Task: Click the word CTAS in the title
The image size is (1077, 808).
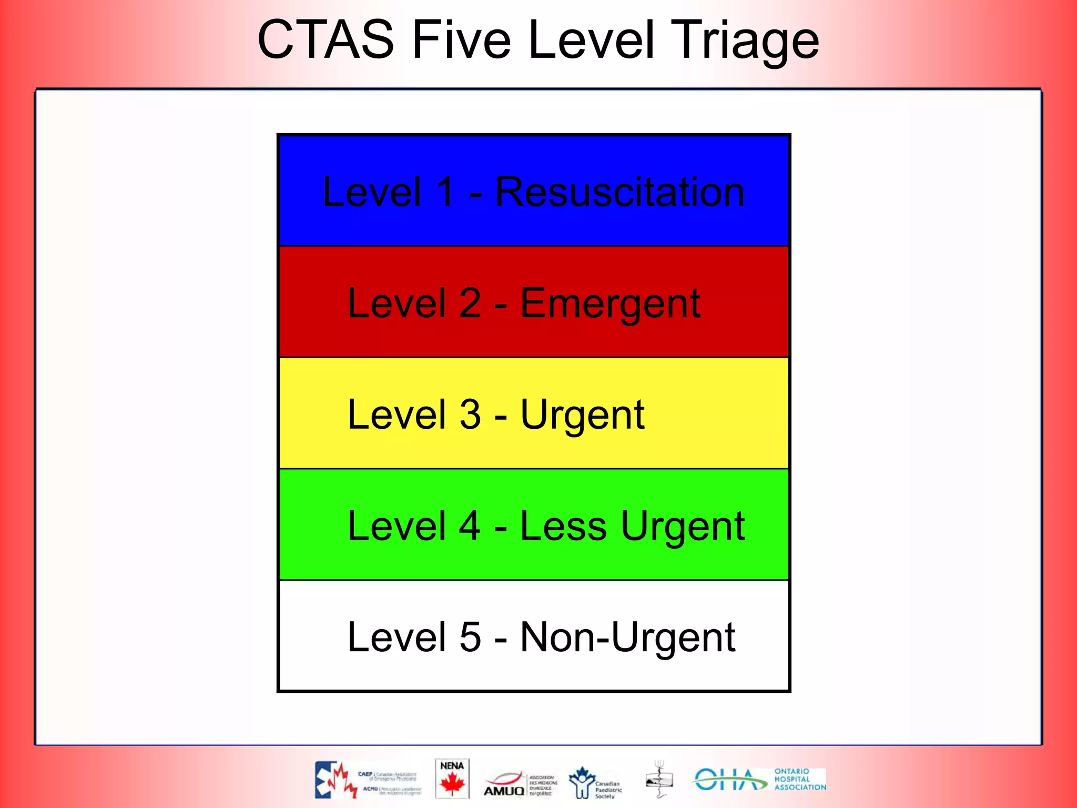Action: (x=326, y=40)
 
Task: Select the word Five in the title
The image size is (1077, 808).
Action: (x=461, y=40)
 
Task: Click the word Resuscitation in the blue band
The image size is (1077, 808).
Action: (x=620, y=192)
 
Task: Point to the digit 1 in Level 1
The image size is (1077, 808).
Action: (x=445, y=192)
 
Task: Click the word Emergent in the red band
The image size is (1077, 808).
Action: (x=610, y=304)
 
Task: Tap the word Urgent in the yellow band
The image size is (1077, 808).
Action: (x=582, y=415)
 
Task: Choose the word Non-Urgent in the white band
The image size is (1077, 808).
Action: (x=627, y=638)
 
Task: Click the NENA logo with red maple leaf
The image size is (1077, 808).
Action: (x=452, y=779)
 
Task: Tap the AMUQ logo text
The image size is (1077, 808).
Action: (x=504, y=791)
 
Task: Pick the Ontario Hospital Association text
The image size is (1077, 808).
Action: (x=799, y=780)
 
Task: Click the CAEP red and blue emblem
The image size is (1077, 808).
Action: (x=335, y=780)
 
